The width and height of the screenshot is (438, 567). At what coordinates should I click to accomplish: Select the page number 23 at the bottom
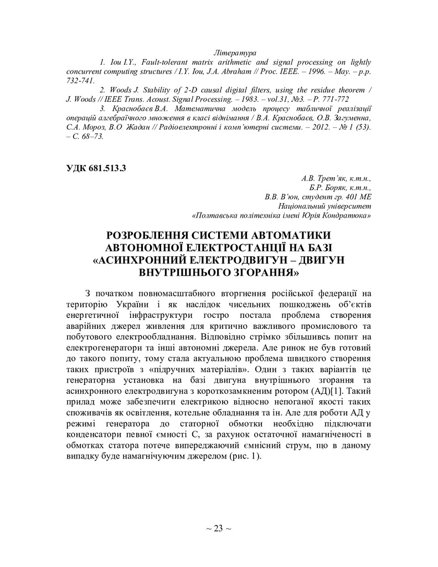(218, 528)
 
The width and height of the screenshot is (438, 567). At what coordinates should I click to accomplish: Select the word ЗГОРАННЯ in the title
(259, 272)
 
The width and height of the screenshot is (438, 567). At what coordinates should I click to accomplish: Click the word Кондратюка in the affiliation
(347, 214)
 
